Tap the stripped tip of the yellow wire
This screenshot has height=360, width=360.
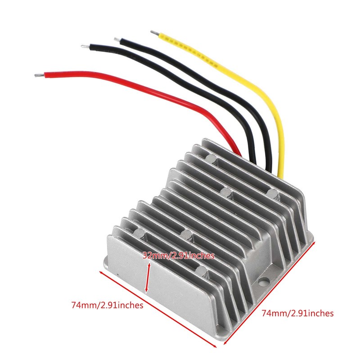154,32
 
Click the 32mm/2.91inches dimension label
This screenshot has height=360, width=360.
178,256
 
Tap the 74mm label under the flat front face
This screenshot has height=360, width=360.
107,305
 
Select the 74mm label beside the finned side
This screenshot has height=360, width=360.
297,313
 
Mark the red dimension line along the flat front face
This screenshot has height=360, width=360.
157,310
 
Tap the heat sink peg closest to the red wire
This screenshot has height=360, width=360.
211,158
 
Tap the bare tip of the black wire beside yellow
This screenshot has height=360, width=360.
117,40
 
